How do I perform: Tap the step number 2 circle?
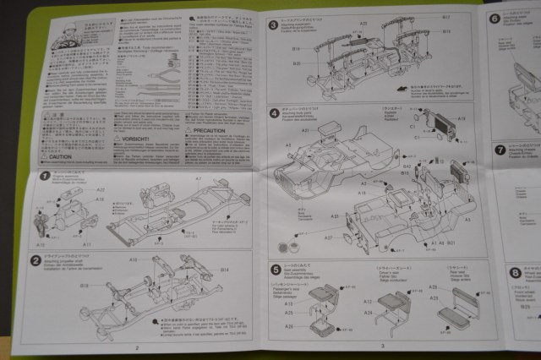pyautogui.click(x=36, y=259)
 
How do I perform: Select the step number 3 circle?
pyautogui.click(x=274, y=25)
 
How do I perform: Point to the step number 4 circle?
pyautogui.click(x=274, y=113)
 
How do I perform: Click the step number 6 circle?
pyautogui.click(x=495, y=19)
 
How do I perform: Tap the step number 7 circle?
pyautogui.click(x=500, y=150)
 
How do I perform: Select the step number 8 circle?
pyautogui.click(x=515, y=272)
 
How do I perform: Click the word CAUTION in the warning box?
pyautogui.click(x=60, y=157)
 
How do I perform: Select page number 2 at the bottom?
pyautogui.click(x=136, y=346)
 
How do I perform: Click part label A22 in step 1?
pyautogui.click(x=100, y=190)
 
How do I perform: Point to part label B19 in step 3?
pyautogui.click(x=297, y=63)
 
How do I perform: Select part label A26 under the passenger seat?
pyautogui.click(x=289, y=327)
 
